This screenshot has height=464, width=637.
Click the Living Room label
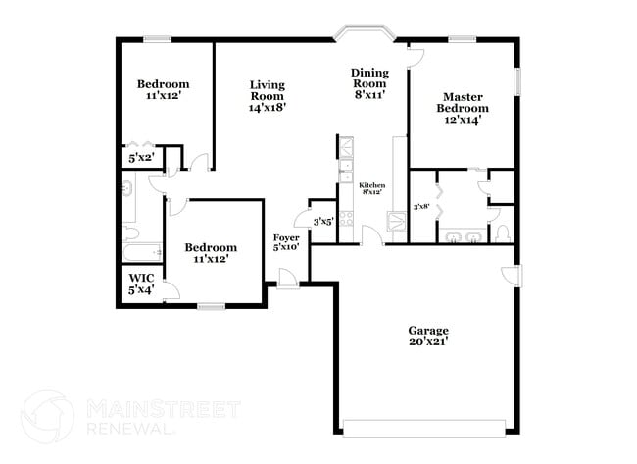point(267,96)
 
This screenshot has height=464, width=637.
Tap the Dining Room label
point(369,83)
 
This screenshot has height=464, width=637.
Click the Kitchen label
point(371,188)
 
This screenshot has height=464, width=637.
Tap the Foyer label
point(286,242)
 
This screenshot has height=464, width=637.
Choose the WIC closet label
point(141,284)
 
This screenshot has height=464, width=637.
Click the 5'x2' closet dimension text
point(141,157)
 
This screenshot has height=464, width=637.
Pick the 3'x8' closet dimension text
point(421,207)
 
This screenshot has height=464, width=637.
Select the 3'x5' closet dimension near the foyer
point(322,222)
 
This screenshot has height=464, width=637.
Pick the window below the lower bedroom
point(211,307)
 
